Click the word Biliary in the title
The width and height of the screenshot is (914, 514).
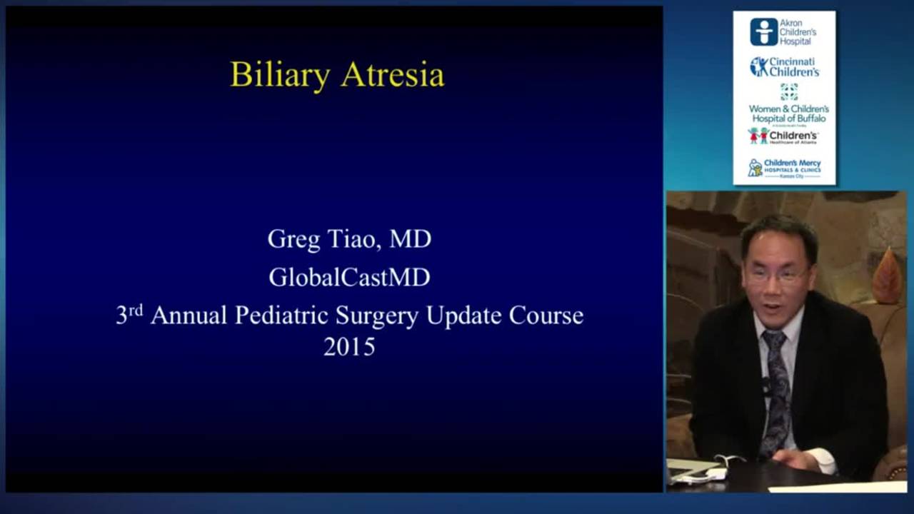(x=280, y=75)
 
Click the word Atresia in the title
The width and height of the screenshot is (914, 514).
(x=392, y=74)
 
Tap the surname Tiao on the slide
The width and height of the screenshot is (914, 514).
(x=351, y=238)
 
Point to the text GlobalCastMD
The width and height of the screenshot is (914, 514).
(x=349, y=277)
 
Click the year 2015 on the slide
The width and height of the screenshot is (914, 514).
(x=349, y=347)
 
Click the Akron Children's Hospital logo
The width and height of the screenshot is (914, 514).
(x=783, y=32)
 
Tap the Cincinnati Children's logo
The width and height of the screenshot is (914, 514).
(x=784, y=67)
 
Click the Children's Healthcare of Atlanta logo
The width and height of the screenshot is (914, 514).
(x=783, y=136)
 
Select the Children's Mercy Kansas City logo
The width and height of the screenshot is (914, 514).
(x=784, y=168)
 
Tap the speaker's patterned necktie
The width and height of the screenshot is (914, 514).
(x=775, y=385)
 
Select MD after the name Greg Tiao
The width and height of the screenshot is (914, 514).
(x=410, y=239)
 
